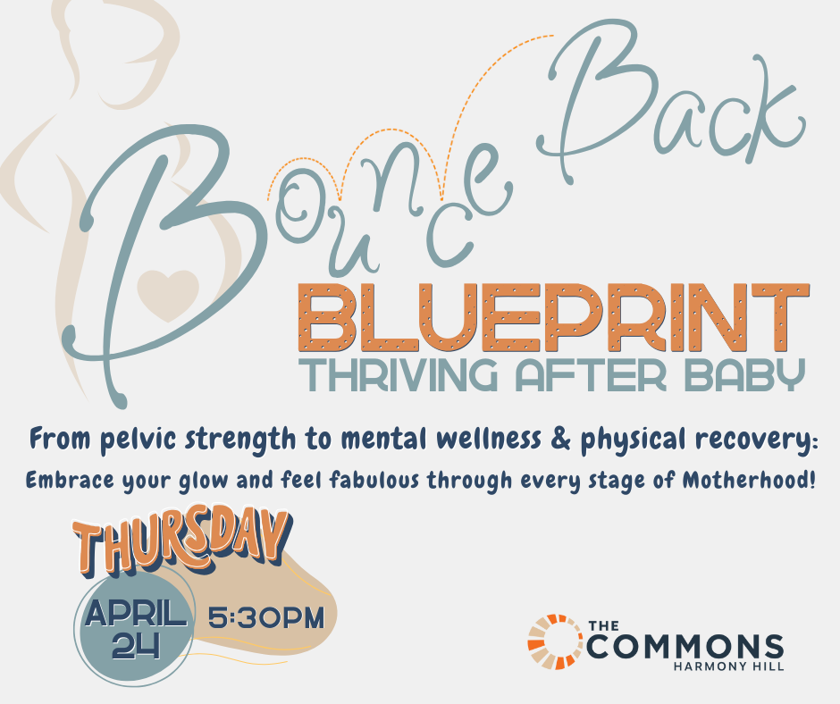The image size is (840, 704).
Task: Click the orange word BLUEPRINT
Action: (553, 317)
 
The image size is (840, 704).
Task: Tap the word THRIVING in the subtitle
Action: (398, 375)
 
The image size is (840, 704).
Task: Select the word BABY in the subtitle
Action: (744, 375)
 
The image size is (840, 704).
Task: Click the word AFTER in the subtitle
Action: (591, 375)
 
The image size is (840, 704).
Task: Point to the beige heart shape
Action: (168, 293)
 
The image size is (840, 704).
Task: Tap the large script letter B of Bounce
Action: (161, 257)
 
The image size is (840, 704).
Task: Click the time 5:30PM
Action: (266, 617)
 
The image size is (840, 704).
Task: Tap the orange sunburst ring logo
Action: (556, 641)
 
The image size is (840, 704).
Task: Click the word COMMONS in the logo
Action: (685, 647)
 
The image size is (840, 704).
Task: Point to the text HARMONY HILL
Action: (728, 666)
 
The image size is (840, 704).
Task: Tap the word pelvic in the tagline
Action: (139, 440)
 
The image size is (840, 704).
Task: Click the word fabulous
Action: (374, 480)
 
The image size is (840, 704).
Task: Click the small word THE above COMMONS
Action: (604, 625)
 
